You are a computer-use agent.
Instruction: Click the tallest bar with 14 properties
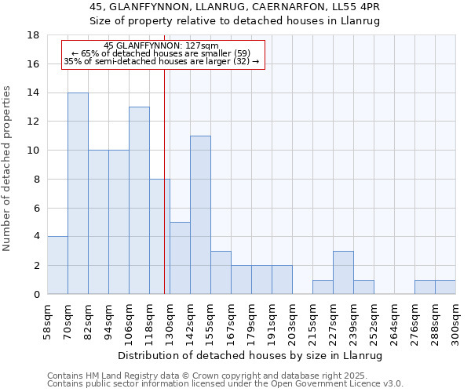78,194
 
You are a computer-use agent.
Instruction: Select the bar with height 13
139,201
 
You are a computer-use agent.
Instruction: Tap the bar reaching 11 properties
200,215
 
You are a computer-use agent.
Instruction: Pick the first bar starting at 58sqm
57,265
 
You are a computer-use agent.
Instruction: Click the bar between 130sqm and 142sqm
180,258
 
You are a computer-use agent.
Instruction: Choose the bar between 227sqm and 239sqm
343,272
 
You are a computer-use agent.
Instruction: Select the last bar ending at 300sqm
445,287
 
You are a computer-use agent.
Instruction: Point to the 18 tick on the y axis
33,35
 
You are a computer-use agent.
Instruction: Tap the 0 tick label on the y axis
36,294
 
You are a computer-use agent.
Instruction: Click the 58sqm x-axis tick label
48,321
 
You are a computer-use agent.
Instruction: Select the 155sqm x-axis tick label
211,321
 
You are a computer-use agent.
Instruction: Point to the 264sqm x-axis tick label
395,321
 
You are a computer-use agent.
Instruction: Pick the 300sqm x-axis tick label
456,321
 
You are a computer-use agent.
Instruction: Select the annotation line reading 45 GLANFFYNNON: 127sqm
162,46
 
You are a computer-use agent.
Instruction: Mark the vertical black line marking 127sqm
164,196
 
